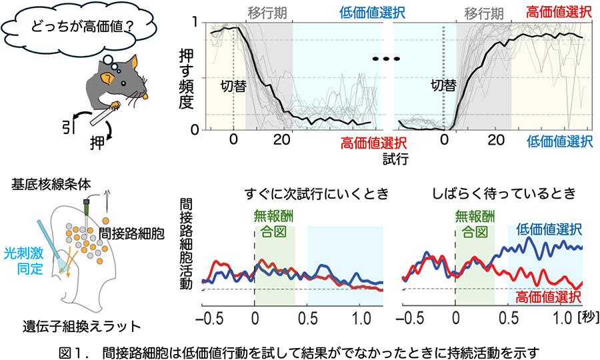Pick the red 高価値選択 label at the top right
[559, 11]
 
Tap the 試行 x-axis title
[394, 159]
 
